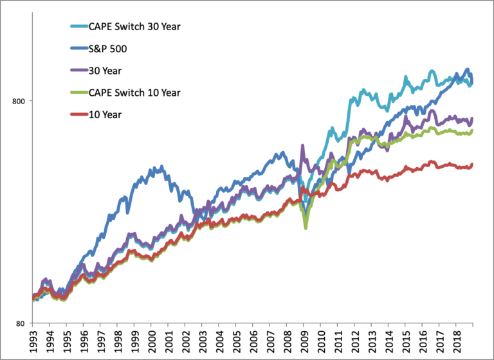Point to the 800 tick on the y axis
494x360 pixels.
19,101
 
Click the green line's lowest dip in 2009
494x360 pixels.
306,228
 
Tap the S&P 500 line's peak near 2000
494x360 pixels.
161,166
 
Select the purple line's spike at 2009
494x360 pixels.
302,147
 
